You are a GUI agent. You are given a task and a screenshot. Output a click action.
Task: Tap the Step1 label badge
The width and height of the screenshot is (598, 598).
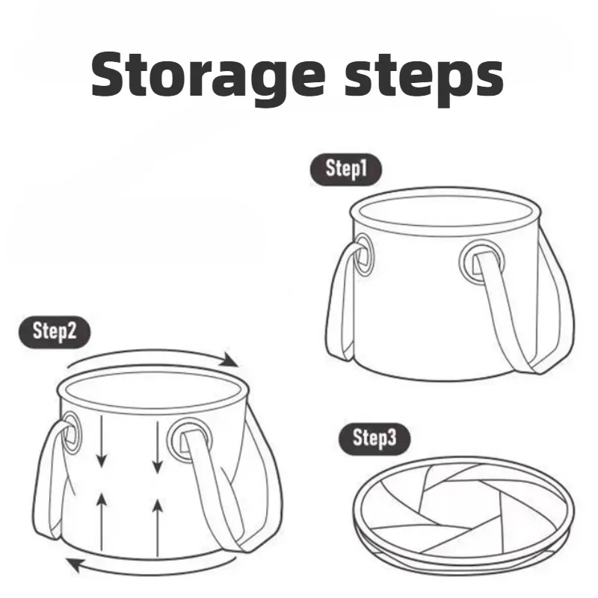pyautogui.click(x=345, y=170)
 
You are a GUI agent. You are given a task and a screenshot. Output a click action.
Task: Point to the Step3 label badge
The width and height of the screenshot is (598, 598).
pyautogui.click(x=374, y=439)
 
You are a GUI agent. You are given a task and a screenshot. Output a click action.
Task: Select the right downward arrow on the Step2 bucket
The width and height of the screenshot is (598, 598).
pyautogui.click(x=157, y=446)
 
